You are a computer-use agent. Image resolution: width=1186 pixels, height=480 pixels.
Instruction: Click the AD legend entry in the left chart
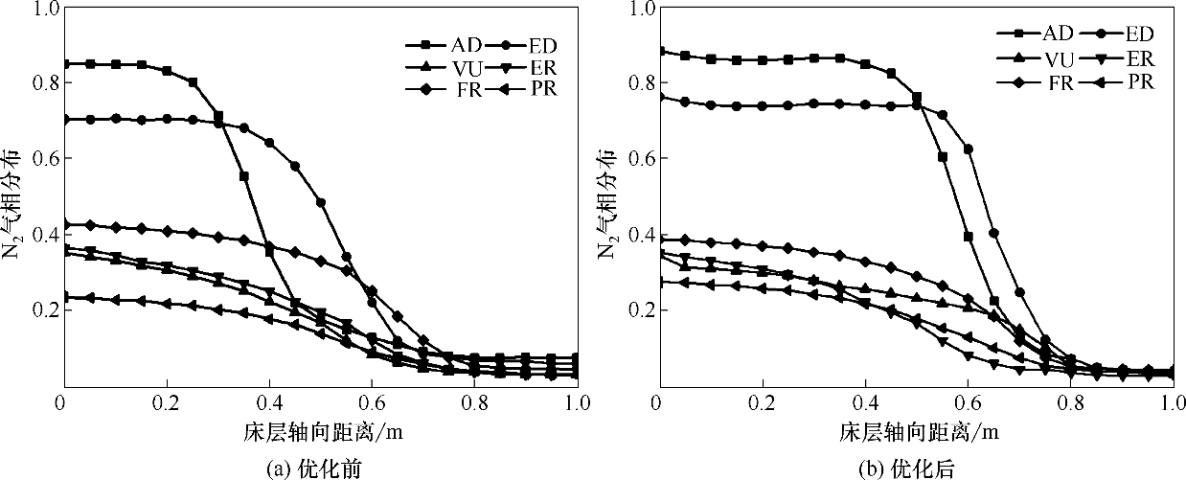[x=441, y=44]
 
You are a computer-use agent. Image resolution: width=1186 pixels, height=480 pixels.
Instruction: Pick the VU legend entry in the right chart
[x=1038, y=59]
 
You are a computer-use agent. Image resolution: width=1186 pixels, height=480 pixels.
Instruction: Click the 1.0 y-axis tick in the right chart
[x=638, y=9]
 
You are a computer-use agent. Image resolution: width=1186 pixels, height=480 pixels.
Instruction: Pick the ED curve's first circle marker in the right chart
[x=659, y=97]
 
